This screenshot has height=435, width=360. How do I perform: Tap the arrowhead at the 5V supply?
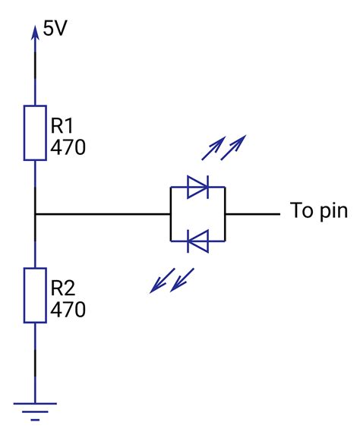(35, 31)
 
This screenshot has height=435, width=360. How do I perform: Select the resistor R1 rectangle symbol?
(35, 134)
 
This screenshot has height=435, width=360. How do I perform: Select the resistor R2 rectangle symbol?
(35, 295)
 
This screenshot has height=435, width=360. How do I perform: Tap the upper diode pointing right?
(197, 187)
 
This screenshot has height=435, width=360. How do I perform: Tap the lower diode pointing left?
(197, 242)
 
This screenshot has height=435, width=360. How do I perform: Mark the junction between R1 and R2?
(35, 214)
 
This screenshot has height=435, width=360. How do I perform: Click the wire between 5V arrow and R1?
(35, 72)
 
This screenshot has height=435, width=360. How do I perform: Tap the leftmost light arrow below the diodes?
(160, 282)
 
